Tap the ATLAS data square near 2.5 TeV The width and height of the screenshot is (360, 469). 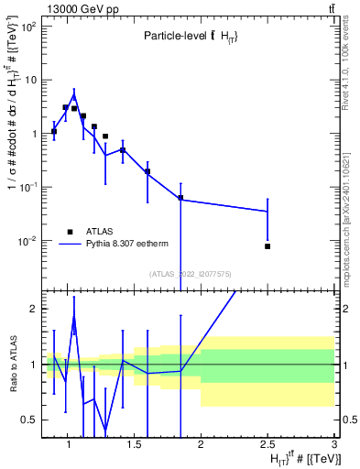[267, 246]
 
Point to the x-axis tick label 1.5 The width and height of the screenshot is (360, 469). [134, 444]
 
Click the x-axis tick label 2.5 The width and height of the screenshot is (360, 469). [267, 444]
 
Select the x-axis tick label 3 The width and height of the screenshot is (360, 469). [334, 444]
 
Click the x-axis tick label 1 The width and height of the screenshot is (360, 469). [67, 444]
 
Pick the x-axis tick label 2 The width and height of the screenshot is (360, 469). [201, 444]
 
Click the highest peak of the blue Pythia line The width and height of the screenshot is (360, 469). [74, 94]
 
